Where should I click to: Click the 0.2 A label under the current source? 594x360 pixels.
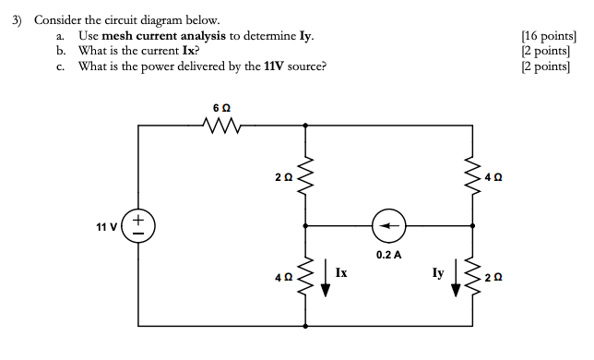coord(388,253)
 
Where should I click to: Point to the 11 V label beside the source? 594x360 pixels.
coord(106,226)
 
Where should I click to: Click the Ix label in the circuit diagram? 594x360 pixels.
coord(341,272)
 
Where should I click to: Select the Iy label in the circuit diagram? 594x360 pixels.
coord(437,272)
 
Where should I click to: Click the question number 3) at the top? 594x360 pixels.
coord(16,18)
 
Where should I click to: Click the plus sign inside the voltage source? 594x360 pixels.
coord(137,218)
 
